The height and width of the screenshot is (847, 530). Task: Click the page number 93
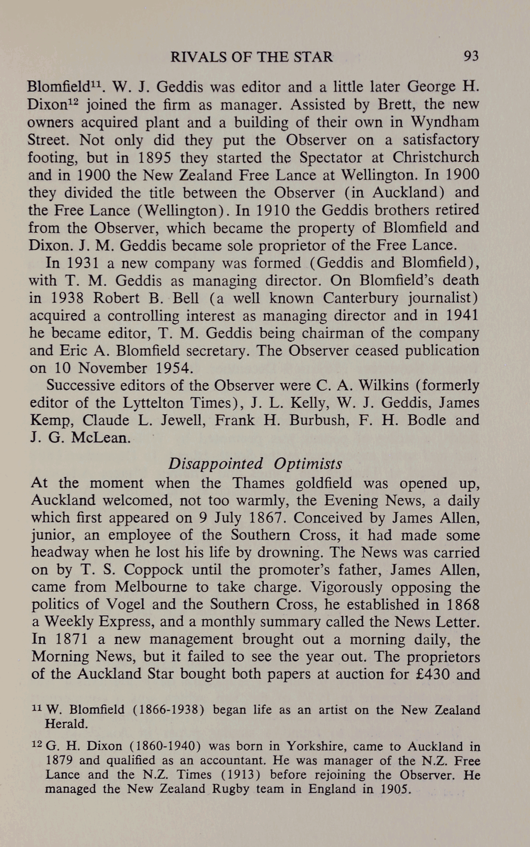[x=471, y=57]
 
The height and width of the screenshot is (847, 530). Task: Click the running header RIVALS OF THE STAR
[x=252, y=57]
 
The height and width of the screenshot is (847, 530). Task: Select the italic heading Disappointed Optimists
[x=255, y=463]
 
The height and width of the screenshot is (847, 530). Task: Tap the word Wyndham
[x=448, y=122]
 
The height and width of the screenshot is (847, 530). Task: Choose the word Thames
[x=259, y=483]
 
